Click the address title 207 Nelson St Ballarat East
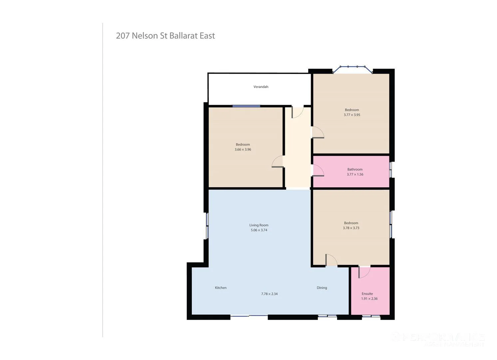point(165,36)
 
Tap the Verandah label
point(261,87)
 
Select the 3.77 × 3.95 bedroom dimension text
point(352,115)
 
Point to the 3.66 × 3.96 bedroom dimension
point(243,150)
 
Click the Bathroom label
point(355,169)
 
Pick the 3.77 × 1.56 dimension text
point(355,174)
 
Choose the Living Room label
point(259,225)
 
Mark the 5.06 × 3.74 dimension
point(259,230)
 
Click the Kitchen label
point(221,288)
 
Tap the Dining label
point(322,288)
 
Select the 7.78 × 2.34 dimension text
point(269,294)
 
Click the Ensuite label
point(367,294)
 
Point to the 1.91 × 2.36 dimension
point(369,299)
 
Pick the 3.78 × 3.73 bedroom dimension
point(351,228)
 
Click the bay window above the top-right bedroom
point(352,69)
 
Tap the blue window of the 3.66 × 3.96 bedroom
point(246,106)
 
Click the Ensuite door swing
point(364,272)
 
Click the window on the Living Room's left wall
point(207,226)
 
